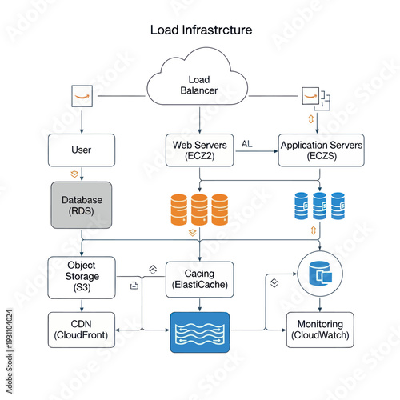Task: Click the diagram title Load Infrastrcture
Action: tap(201, 30)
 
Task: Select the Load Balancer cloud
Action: tap(198, 85)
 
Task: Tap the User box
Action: tap(82, 150)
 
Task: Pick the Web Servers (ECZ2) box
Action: tap(200, 150)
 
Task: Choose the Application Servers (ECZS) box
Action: tap(321, 150)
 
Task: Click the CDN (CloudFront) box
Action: tap(82, 329)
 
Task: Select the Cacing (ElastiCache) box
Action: tap(200, 278)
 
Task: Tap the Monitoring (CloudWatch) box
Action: tap(320, 329)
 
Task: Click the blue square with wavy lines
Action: tap(200, 332)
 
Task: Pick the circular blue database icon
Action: tap(319, 274)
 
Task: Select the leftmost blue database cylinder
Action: tap(302, 206)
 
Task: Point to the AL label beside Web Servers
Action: tap(246, 143)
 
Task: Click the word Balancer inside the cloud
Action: tap(198, 91)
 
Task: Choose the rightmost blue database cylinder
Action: tap(338, 206)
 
